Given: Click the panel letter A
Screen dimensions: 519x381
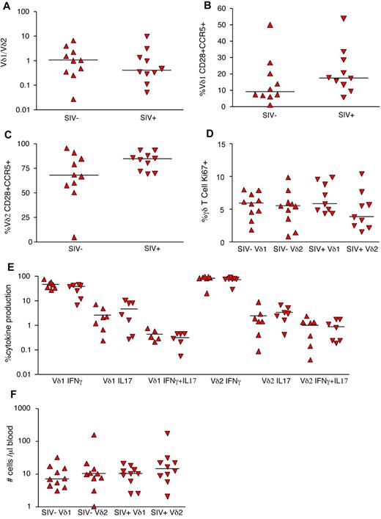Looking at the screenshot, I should click(x=6, y=6).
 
